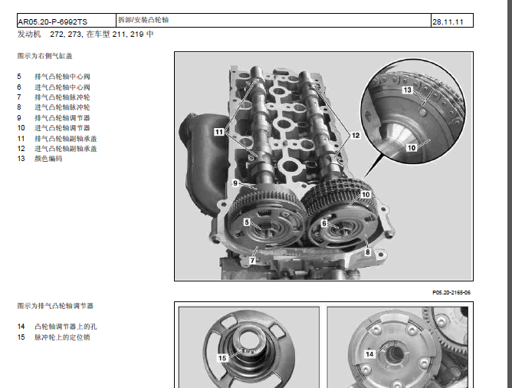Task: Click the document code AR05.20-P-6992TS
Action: coord(53,22)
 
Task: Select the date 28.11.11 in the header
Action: coord(448,22)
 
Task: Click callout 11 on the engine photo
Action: coord(219,132)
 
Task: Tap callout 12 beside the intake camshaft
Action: coord(356,135)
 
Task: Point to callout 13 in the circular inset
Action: coord(407,90)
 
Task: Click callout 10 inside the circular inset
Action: coord(412,148)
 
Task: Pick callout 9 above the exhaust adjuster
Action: coord(235,183)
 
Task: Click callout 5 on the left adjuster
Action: coord(247,222)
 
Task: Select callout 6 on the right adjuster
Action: coord(324,223)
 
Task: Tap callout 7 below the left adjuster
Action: coord(252,260)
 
